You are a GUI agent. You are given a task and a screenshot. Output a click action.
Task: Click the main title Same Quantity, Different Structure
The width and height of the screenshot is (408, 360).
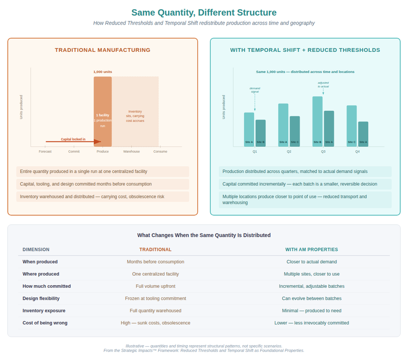click(204, 13)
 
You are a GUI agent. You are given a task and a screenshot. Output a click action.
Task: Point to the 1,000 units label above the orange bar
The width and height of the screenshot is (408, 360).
click(103, 72)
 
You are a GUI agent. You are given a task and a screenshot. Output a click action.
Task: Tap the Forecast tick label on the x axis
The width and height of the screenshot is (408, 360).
click(45, 152)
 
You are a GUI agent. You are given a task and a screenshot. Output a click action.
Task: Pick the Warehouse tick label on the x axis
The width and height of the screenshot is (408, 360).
click(131, 152)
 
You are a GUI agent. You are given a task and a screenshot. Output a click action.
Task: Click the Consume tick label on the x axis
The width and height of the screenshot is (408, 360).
click(160, 152)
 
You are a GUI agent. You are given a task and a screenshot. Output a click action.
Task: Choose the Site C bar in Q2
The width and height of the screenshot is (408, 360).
click(295, 131)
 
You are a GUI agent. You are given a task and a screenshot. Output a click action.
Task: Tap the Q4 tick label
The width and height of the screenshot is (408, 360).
click(357, 152)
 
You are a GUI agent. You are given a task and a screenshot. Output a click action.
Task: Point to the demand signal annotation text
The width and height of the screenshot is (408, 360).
click(255, 90)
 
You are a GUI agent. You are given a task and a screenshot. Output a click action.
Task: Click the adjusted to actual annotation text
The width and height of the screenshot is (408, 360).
click(323, 84)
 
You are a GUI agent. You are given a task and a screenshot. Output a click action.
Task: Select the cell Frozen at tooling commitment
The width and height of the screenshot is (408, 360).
click(156, 298)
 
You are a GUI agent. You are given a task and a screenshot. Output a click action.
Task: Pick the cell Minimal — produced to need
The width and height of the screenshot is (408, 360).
click(312, 311)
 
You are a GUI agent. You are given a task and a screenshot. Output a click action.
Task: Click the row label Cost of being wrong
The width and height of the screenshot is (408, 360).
click(45, 323)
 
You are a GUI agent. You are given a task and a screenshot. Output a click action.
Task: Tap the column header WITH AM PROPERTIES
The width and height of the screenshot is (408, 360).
click(312, 250)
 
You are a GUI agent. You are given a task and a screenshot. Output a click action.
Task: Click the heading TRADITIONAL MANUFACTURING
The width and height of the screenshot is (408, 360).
click(102, 50)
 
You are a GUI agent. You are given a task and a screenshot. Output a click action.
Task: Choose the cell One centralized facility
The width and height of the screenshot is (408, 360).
click(156, 274)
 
